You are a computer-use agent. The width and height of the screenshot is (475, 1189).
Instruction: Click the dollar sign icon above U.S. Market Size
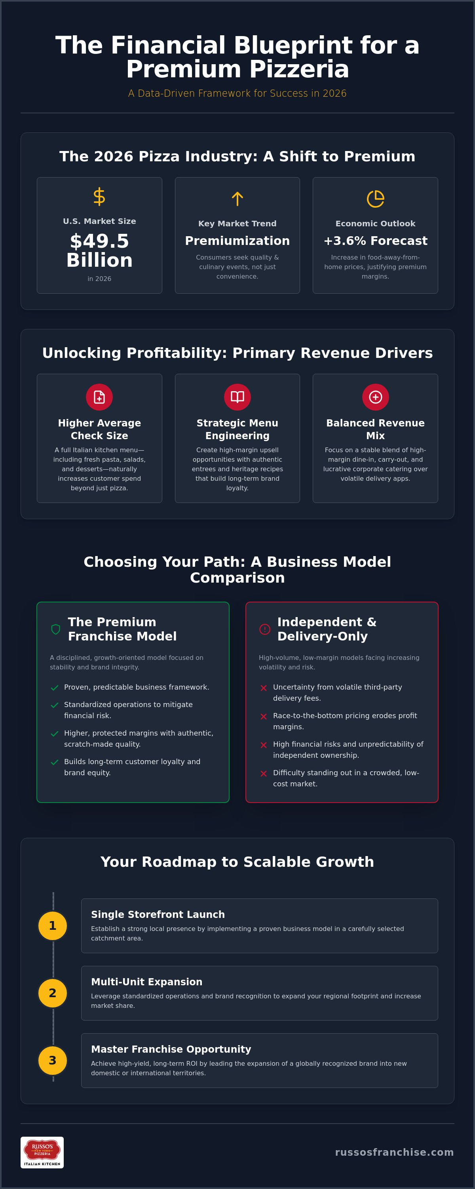click(x=99, y=197)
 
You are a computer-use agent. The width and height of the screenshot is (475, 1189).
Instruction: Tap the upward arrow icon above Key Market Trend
click(x=237, y=199)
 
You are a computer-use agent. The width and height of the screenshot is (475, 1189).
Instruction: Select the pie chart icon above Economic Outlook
click(x=375, y=199)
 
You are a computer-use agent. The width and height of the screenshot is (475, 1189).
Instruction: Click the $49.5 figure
click(x=99, y=241)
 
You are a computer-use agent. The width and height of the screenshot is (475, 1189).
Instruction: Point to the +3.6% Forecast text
click(x=375, y=241)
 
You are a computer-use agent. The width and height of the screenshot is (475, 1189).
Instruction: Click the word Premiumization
click(x=237, y=241)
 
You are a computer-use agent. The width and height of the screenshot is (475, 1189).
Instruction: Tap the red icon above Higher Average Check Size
click(x=99, y=397)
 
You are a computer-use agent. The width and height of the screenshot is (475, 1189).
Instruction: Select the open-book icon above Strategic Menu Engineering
click(x=237, y=397)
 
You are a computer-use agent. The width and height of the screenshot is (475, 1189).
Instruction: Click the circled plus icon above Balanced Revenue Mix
click(x=375, y=397)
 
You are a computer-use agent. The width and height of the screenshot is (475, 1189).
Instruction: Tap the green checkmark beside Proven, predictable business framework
click(x=54, y=688)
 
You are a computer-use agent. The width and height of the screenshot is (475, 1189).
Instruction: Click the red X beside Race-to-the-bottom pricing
click(x=264, y=716)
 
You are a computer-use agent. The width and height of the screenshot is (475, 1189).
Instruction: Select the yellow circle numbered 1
click(x=53, y=925)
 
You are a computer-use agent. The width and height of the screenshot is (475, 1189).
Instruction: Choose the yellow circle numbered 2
click(x=53, y=993)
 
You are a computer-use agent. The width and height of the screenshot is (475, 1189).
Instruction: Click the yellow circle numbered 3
click(x=53, y=1060)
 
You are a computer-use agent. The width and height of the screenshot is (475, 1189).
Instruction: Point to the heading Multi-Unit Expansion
click(x=146, y=982)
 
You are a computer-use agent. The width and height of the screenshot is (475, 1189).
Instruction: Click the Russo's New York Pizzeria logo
click(x=42, y=1153)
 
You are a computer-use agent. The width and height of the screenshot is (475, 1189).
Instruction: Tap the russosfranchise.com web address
click(x=394, y=1152)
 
